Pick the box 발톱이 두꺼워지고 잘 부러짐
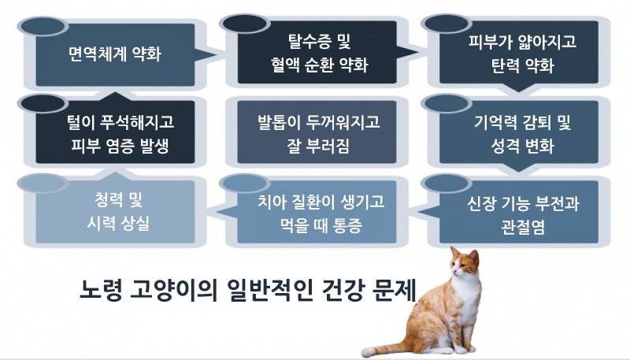click(318, 132)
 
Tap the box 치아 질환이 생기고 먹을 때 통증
click(318, 211)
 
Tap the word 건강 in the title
click(334, 287)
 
